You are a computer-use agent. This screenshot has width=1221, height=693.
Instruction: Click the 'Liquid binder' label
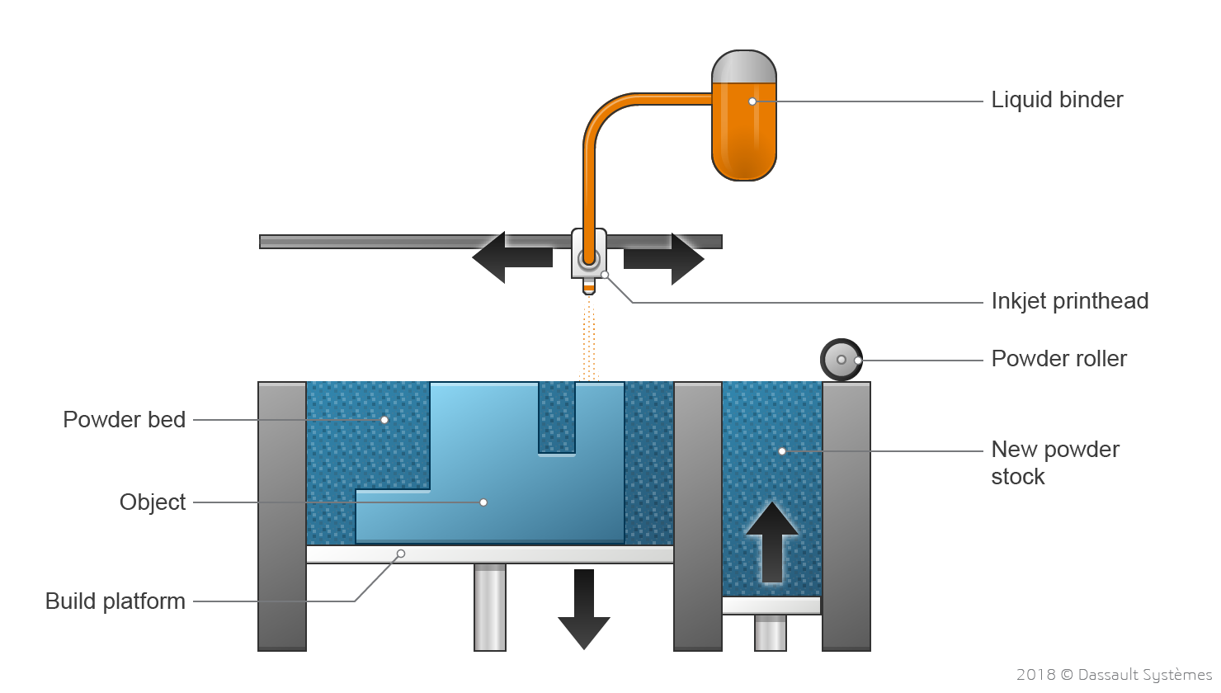click(1057, 100)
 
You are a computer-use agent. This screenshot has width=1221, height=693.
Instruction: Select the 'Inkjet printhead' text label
click(1069, 301)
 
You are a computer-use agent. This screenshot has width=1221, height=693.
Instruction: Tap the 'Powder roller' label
click(1058, 359)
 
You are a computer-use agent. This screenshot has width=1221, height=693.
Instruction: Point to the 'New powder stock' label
click(1054, 463)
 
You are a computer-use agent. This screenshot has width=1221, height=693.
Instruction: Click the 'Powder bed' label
click(124, 420)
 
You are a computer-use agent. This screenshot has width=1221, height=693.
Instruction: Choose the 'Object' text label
click(153, 502)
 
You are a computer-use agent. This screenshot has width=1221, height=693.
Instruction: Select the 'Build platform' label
click(115, 601)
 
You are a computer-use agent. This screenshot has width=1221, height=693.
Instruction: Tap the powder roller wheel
click(841, 360)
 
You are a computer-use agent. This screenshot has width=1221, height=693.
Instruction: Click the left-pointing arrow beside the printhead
click(511, 257)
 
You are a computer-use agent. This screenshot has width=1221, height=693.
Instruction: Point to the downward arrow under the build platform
click(584, 610)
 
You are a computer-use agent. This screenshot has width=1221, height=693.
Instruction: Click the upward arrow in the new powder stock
click(771, 543)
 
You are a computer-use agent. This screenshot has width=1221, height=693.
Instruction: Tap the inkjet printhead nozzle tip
click(588, 289)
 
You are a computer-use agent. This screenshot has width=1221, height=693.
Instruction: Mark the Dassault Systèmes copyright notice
click(1114, 675)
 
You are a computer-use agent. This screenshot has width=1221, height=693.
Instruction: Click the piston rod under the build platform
click(490, 606)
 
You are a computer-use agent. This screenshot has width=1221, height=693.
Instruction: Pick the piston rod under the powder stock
click(771, 633)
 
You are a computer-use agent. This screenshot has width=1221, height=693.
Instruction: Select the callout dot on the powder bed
click(384, 420)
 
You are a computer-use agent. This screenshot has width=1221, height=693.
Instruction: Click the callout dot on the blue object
click(483, 502)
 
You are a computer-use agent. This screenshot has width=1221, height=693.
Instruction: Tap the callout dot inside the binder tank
click(752, 101)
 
